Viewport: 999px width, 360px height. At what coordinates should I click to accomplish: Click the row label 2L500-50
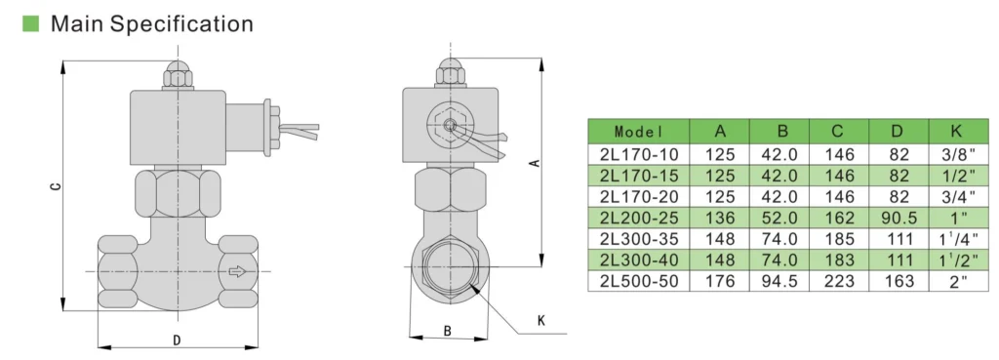click(638, 281)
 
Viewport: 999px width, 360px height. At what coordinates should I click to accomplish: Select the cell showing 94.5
click(781, 281)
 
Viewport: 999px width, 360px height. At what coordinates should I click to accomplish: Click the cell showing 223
click(839, 281)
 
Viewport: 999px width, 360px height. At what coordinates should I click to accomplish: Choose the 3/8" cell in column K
click(955, 153)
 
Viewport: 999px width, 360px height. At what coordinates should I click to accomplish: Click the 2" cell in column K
click(955, 281)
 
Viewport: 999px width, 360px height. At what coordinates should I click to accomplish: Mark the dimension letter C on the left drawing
click(55, 185)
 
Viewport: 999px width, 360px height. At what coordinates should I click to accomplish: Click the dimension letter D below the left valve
click(177, 340)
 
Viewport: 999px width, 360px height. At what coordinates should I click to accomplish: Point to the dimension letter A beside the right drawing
click(535, 163)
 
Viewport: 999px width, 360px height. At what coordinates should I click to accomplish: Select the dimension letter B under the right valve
click(447, 332)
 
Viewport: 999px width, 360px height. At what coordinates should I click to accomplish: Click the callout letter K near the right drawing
click(540, 320)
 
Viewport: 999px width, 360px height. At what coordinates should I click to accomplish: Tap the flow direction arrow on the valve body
click(235, 271)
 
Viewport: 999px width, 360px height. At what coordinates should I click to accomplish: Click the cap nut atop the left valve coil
click(177, 76)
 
